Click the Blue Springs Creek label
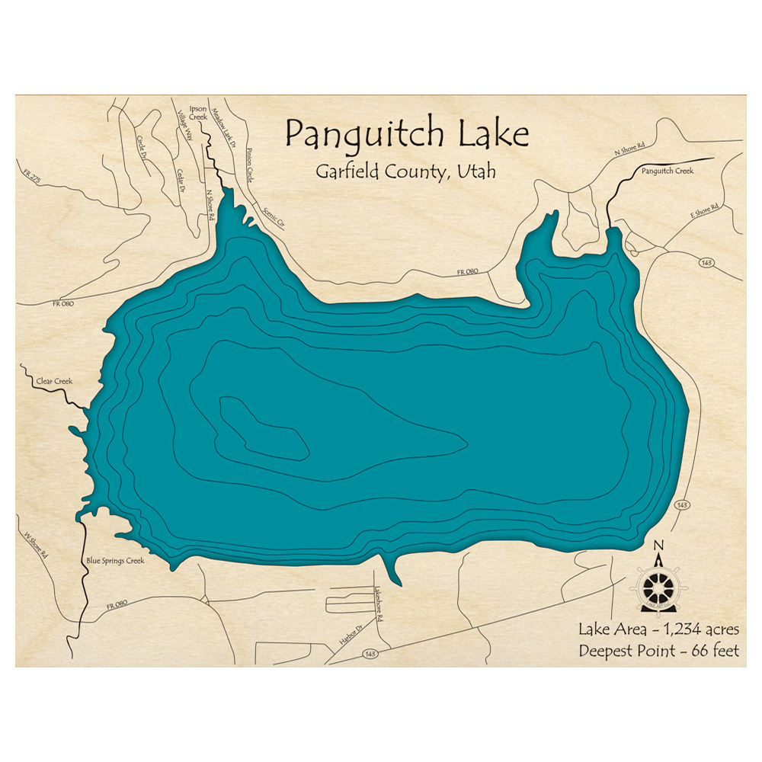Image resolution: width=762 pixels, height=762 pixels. [115, 560]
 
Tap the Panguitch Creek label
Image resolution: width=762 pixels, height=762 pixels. [667, 171]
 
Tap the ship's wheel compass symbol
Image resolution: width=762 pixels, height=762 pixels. [659, 586]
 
